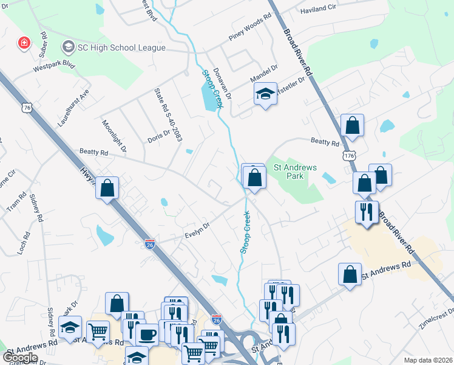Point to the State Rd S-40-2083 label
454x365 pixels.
click(x=168, y=114)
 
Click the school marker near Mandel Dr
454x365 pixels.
click(x=265, y=94)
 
